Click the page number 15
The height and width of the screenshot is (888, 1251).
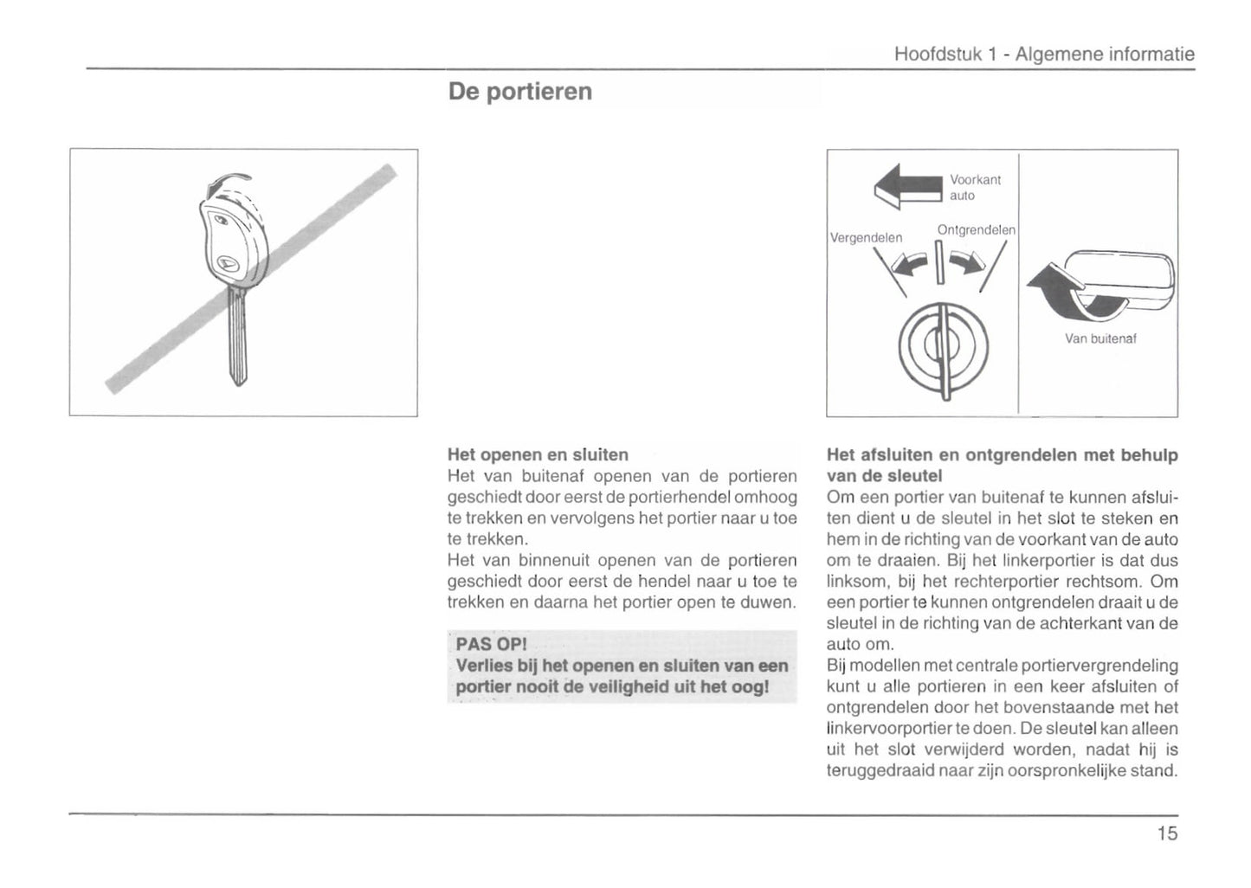tap(1166, 833)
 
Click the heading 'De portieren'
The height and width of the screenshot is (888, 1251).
tap(520, 92)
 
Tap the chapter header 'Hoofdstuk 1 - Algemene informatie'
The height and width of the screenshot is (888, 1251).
tap(1043, 55)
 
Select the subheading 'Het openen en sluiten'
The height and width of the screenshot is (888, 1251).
tap(538, 454)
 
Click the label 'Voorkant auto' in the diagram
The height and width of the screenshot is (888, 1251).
tap(975, 188)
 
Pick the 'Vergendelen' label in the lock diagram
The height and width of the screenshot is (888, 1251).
tap(866, 238)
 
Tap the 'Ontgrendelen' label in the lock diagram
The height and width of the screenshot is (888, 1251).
tap(976, 230)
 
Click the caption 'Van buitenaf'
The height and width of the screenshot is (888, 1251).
tap(1100, 338)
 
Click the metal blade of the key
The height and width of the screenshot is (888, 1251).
tap(236, 338)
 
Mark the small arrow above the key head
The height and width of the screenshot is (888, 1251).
tap(227, 183)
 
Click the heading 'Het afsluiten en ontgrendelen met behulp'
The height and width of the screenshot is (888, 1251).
tap(1002, 455)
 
